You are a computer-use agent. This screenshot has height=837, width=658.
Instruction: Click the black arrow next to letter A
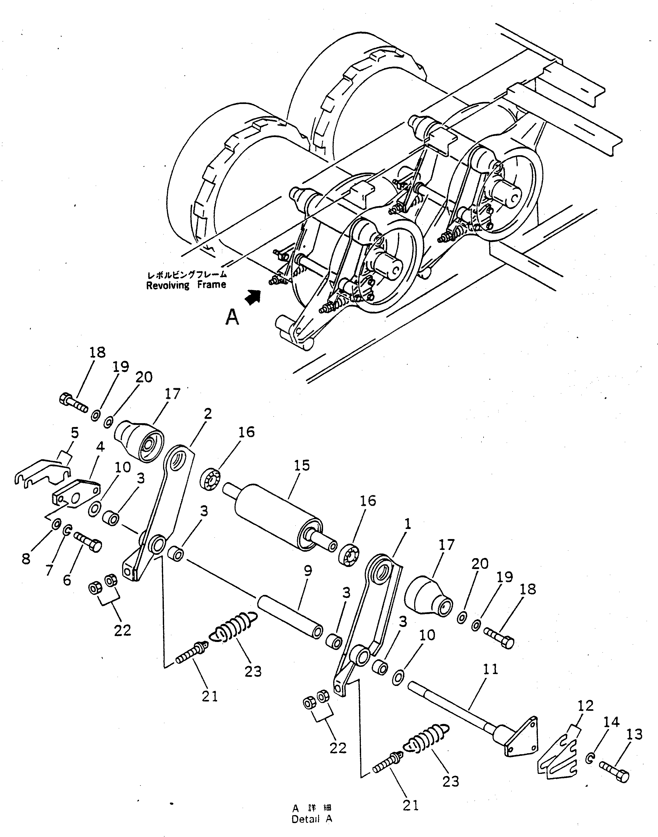(252, 297)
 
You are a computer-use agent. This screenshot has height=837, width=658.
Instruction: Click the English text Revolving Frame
(186, 285)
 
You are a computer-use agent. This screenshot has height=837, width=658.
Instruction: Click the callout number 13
(634, 735)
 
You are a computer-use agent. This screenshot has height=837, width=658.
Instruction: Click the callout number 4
(100, 447)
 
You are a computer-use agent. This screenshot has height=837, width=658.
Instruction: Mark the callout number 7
(49, 570)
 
